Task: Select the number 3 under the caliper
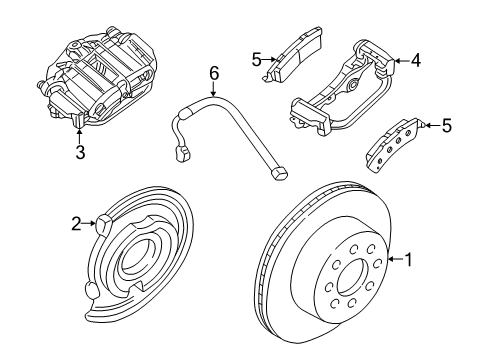[x=79, y=153]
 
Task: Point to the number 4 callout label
[x=415, y=60]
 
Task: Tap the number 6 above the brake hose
[x=212, y=72]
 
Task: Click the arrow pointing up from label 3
[x=79, y=135]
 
